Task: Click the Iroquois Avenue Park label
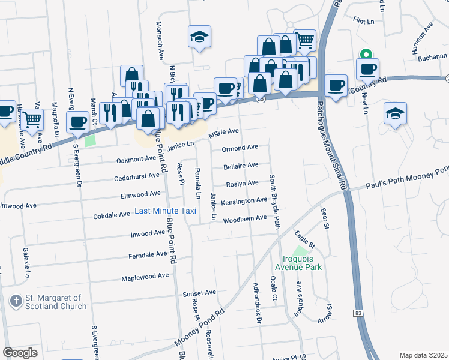(298, 263)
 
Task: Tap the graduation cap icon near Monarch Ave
(199, 38)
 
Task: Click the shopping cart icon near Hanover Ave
(32, 120)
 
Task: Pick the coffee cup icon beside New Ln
(367, 69)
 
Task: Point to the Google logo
(20, 353)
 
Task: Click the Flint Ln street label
(364, 20)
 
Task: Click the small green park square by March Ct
(90, 140)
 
